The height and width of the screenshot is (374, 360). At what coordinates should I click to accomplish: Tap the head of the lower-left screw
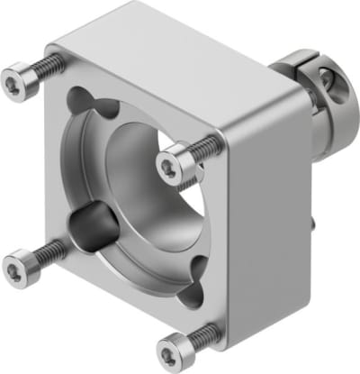(17, 268)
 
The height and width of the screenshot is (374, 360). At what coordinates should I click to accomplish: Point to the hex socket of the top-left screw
(13, 85)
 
